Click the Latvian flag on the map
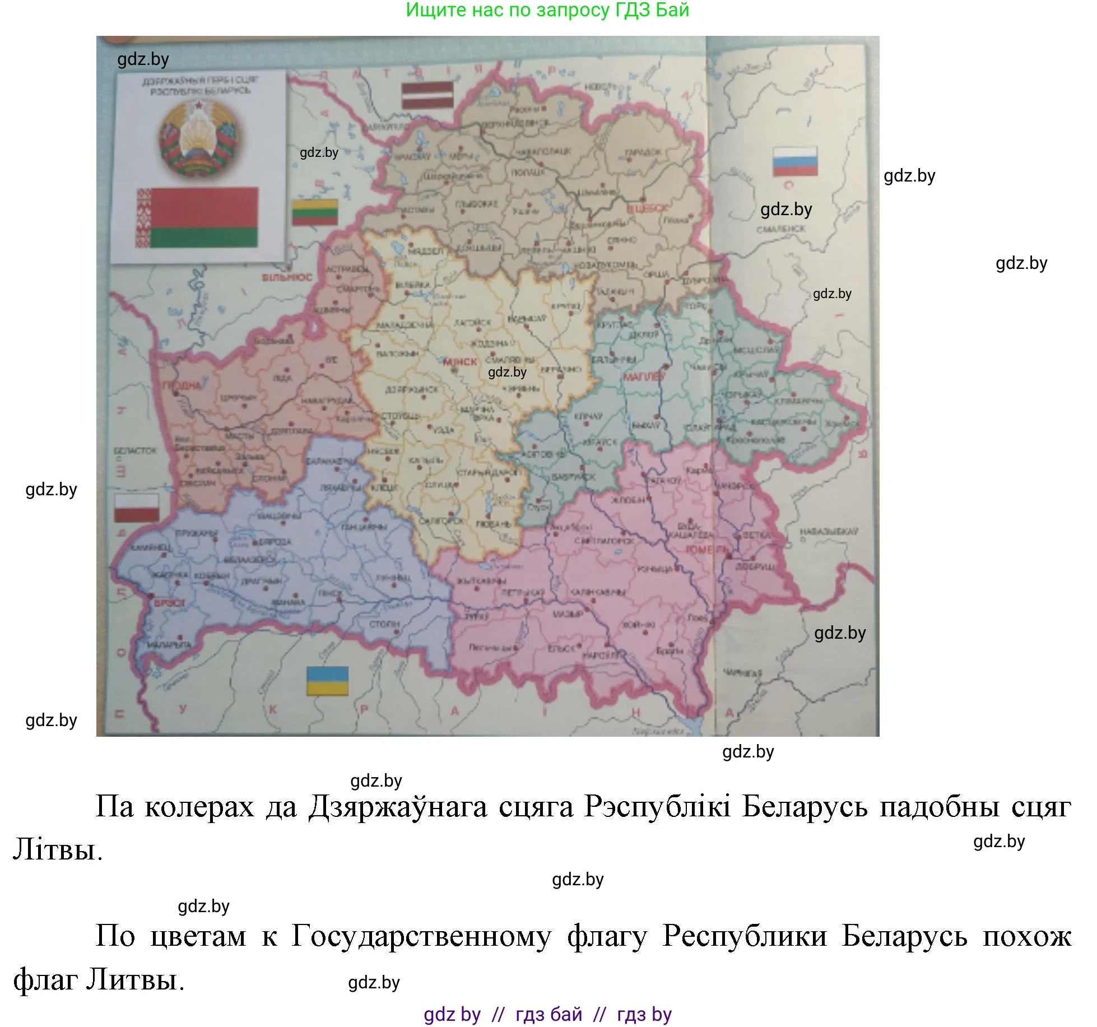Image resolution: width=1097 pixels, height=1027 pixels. (x=427, y=95)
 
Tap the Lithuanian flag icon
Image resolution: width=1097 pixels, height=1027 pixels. (x=315, y=212)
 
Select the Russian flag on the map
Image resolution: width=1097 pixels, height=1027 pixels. (x=794, y=161)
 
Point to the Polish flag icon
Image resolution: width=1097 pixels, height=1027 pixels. (x=137, y=508)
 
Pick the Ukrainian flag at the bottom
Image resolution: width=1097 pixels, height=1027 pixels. (x=328, y=681)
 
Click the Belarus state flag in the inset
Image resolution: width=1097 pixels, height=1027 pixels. (x=197, y=218)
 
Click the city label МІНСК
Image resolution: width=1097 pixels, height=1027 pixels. (x=460, y=362)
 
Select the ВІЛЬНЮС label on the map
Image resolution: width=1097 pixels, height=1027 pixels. (x=287, y=277)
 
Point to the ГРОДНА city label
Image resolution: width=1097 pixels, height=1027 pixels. (x=182, y=385)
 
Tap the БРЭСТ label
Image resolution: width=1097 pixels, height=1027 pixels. (x=170, y=603)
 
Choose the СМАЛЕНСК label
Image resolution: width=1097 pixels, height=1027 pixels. (x=781, y=229)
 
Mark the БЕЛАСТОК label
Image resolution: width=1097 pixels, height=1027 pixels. (x=135, y=450)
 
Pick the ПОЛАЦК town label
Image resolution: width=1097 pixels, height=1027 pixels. (x=528, y=173)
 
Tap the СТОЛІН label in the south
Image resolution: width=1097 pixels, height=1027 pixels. (x=384, y=624)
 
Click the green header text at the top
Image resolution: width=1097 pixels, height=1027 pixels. (x=547, y=10)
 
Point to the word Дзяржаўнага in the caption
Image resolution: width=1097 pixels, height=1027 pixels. (x=398, y=806)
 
